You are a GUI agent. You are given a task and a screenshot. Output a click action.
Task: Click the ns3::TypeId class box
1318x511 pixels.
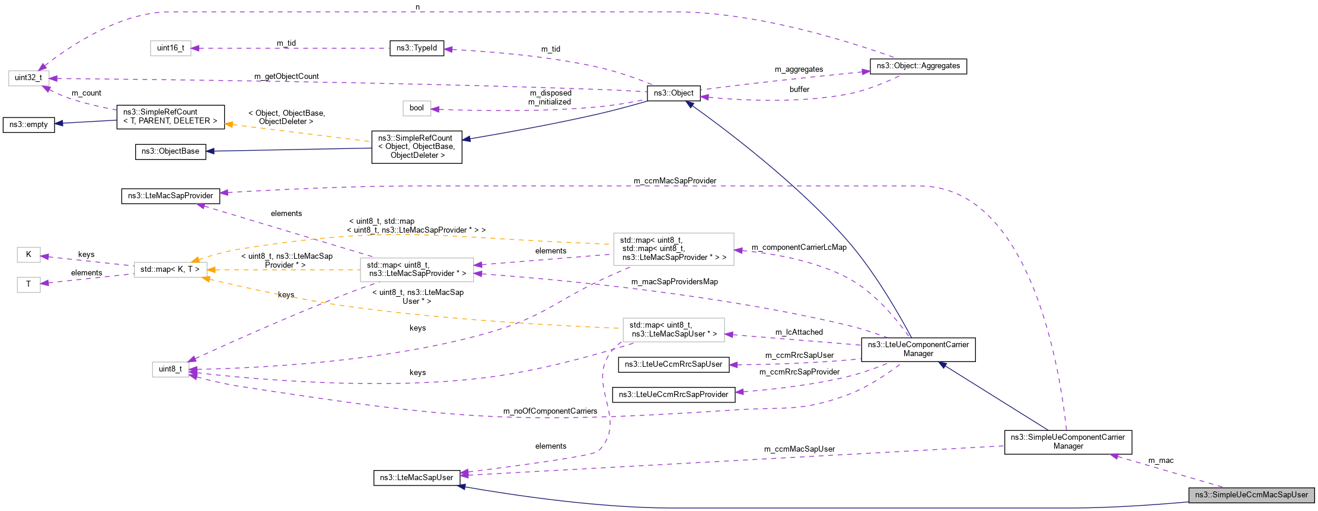coord(416,48)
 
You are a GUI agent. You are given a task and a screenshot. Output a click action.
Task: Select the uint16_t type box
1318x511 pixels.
coord(171,48)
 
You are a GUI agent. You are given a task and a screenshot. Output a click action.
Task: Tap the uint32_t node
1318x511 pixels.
coord(28,78)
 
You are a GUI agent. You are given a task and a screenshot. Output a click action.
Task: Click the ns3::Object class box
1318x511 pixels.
coord(674,93)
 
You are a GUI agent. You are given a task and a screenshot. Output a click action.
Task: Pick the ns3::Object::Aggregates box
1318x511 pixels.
coord(918,66)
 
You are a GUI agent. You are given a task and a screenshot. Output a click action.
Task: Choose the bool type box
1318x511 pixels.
coord(417,108)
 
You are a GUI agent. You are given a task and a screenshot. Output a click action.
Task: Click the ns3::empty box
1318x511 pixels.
coord(28,125)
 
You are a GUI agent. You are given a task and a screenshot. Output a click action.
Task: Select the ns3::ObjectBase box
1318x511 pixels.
coord(170,151)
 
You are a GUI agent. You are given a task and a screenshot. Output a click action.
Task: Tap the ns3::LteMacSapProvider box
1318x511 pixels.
coord(170,196)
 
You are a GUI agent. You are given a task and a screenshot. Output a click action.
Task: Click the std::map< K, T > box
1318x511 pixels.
coord(170,269)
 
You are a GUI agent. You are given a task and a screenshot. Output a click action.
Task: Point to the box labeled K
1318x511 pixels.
coord(28,255)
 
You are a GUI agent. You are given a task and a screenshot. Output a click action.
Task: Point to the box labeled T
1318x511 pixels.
coord(28,284)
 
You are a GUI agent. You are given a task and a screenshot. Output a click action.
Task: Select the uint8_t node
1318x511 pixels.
coord(170,369)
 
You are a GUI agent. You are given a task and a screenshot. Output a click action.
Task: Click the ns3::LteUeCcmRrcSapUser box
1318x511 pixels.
coord(674,364)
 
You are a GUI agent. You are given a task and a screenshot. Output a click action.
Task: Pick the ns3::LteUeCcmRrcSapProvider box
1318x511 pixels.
coord(674,395)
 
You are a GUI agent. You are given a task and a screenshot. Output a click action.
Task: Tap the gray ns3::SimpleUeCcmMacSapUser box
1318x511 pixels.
coord(1252,495)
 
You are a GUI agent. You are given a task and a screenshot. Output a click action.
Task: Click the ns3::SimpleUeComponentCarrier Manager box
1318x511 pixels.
coord(1068,442)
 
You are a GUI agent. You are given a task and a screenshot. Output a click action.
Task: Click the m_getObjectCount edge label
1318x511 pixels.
coord(286,77)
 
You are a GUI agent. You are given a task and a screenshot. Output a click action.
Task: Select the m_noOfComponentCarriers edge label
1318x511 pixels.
coord(550,411)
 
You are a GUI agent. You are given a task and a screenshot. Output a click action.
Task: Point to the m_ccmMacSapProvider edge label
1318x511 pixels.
coord(675,181)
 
